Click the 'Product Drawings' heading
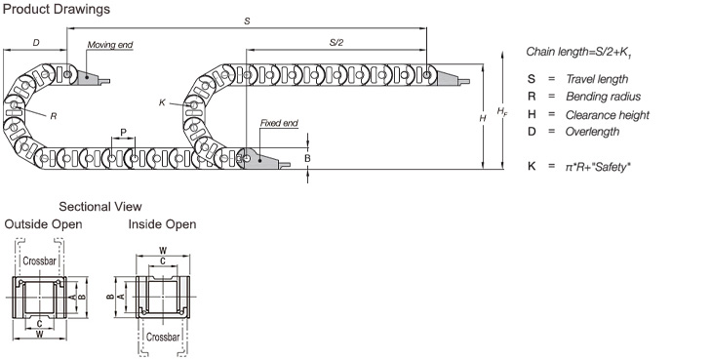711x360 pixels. point(57,9)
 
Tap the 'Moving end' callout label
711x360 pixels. point(110,45)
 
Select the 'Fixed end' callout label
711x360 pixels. point(279,123)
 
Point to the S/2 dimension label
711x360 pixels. point(336,43)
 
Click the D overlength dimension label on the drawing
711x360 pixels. point(36,43)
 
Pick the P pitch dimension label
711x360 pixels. point(123,133)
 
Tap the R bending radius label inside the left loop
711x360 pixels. point(54,116)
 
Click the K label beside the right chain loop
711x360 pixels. point(162,102)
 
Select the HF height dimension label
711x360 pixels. point(502,111)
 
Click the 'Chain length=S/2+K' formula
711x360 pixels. point(579,52)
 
